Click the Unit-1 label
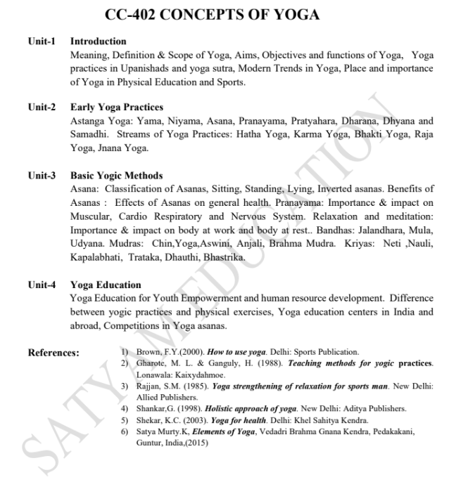tap(42, 41)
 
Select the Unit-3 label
tap(42, 176)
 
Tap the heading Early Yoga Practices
tap(116, 107)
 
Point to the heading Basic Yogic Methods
tap(116, 176)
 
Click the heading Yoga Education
tap(106, 285)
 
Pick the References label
tap(53, 353)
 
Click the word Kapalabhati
tap(96, 257)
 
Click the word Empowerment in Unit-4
tap(201, 299)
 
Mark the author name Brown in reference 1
tap(149, 351)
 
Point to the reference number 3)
tap(125, 386)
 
